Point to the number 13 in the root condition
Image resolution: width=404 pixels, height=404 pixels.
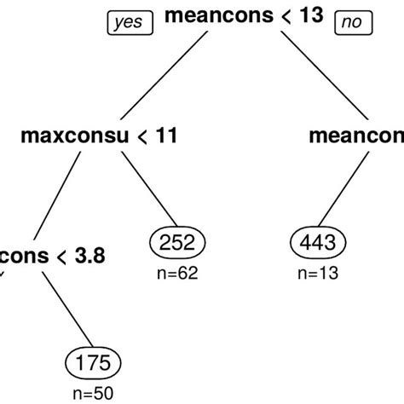pos(311,16)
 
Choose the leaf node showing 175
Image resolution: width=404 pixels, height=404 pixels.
pos(95,364)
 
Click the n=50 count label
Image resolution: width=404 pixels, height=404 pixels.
pos(95,393)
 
